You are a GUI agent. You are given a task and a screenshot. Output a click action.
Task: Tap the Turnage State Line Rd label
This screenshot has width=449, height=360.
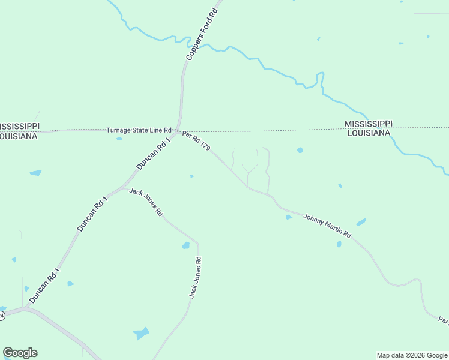point(139,130)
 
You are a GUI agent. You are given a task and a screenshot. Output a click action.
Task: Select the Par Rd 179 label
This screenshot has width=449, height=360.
point(196,142)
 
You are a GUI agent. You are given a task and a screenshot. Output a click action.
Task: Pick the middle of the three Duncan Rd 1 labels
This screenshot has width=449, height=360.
point(92,214)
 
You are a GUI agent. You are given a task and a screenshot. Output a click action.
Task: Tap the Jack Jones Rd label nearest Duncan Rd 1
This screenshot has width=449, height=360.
point(146,202)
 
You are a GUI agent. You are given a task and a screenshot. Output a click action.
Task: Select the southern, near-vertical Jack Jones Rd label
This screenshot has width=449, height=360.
point(194,277)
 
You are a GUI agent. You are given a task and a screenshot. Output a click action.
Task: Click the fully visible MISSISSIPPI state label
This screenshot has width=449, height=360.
point(368,124)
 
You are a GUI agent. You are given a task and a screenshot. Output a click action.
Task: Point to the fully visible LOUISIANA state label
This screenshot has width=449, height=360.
point(369,133)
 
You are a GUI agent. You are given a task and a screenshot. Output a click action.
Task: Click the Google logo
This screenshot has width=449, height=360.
point(20,353)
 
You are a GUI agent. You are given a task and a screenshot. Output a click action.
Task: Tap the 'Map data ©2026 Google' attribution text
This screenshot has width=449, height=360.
point(412,355)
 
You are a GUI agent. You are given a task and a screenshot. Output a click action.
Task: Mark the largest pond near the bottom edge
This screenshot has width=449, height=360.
point(141,333)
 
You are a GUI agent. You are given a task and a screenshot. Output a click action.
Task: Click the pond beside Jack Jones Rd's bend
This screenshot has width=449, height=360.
point(185,245)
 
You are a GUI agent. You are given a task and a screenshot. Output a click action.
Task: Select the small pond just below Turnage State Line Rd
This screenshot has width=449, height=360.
point(119,139)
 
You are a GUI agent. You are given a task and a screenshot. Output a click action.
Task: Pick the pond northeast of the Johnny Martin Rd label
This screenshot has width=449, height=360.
point(361,222)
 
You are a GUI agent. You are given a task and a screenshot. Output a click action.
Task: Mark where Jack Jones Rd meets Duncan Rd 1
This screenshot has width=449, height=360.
point(123,189)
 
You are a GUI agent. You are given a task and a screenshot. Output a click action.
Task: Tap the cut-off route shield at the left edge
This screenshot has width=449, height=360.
point(2,315)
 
